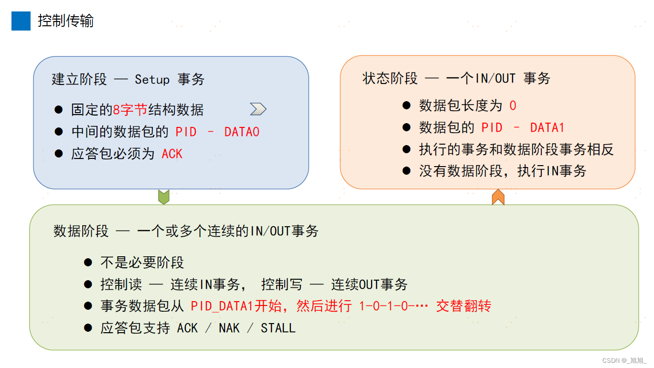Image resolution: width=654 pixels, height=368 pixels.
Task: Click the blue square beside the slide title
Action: click(x=21, y=21)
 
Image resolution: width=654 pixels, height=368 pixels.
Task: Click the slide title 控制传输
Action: click(x=65, y=21)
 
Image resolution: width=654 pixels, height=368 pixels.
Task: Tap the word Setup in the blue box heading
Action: click(x=152, y=79)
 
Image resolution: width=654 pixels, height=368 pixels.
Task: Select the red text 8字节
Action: click(x=130, y=110)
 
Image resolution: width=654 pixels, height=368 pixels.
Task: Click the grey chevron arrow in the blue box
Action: click(x=258, y=109)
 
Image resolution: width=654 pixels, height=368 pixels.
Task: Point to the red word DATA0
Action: click(x=242, y=132)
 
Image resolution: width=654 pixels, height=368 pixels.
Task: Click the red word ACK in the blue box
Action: click(x=172, y=154)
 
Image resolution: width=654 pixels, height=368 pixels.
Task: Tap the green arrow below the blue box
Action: click(x=164, y=197)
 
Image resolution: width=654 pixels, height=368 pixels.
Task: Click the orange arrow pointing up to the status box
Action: click(x=498, y=197)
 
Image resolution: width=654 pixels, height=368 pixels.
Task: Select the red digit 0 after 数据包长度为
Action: click(x=513, y=105)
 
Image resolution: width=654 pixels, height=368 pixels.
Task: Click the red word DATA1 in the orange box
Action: click(x=547, y=127)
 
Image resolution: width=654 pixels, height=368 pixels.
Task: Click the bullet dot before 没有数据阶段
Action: click(x=407, y=170)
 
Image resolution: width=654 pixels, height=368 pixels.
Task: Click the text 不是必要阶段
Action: click(x=142, y=263)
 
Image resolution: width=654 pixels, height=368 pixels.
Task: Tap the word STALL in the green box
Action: click(x=278, y=328)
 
